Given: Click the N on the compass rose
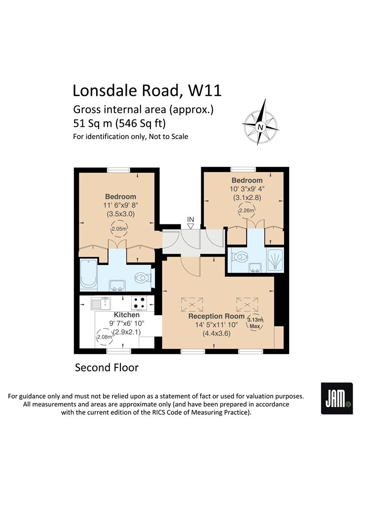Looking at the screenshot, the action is (260, 127).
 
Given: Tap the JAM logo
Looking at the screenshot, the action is (337, 398).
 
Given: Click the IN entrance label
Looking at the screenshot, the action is (190, 220).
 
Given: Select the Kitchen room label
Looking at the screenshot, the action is (126, 315).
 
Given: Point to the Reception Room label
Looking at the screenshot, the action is (217, 316).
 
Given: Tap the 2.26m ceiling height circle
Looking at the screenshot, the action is (247, 210).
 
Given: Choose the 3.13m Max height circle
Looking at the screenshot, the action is (255, 323).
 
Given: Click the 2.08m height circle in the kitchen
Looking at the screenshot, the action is (104, 337).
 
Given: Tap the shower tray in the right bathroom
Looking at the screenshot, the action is (275, 259).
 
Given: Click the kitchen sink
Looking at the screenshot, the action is (101, 303).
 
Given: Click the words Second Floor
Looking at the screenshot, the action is (107, 368).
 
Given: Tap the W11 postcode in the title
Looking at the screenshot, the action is (205, 90).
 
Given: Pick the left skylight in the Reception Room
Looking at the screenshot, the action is (192, 304).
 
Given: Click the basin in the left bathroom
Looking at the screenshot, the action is (117, 285).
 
